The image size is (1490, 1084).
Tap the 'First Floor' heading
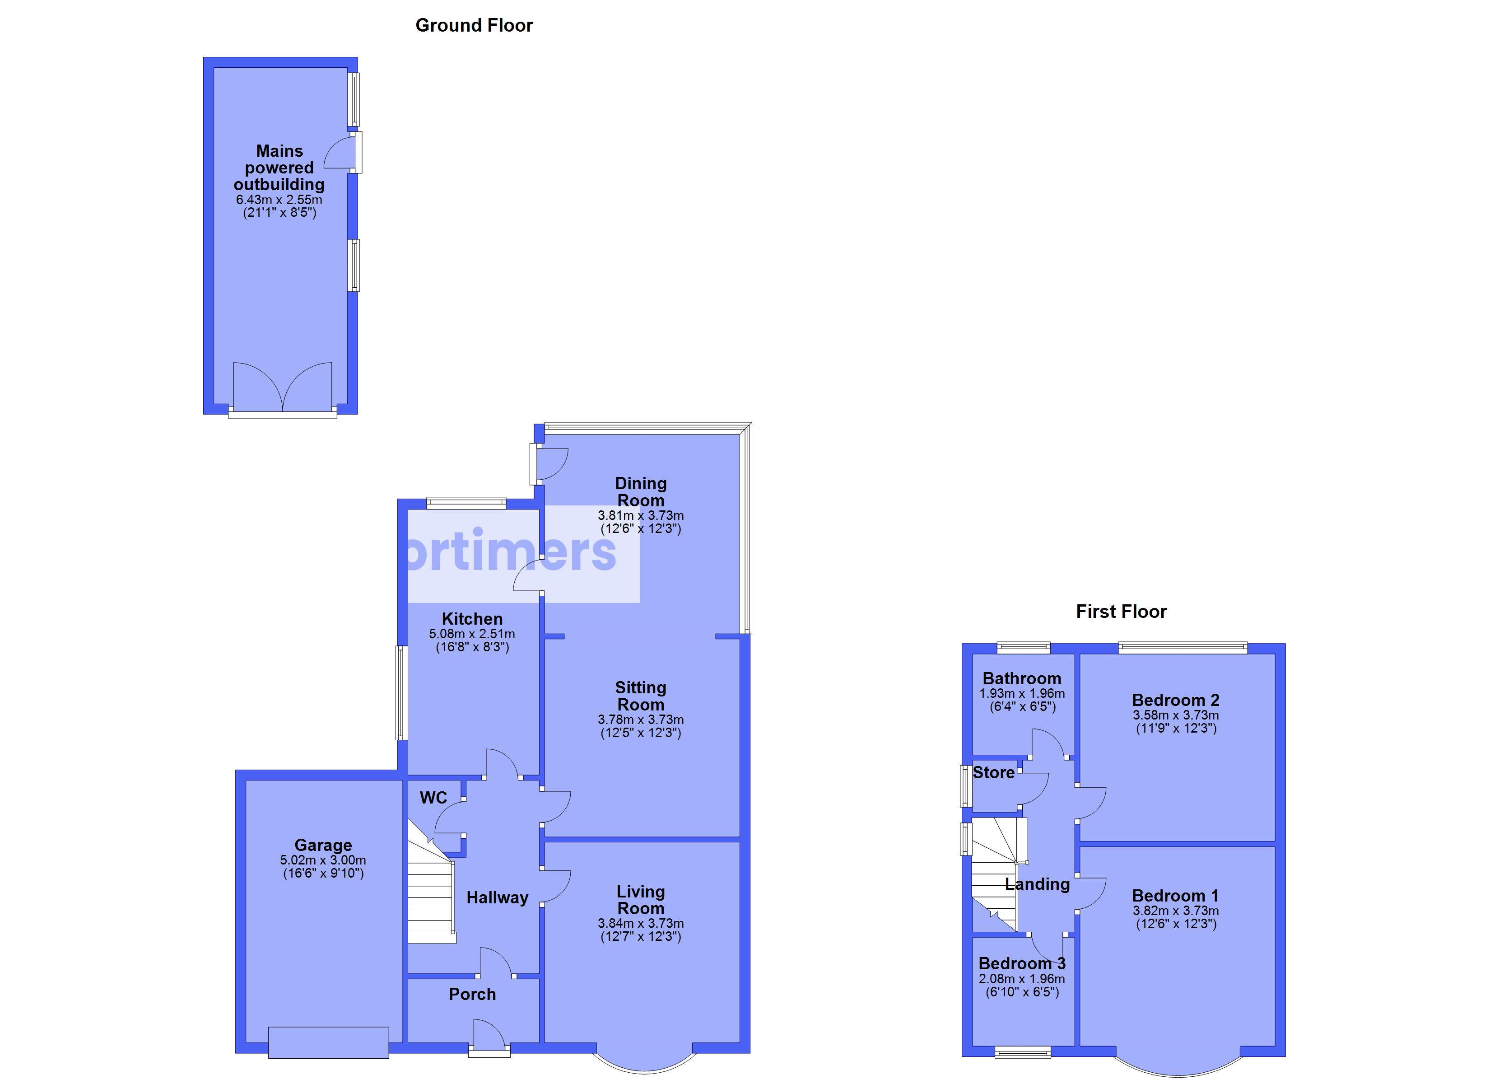click(1121, 612)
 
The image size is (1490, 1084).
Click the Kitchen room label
click(472, 619)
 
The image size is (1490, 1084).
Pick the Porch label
click(472, 994)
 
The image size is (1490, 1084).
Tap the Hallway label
click(497, 897)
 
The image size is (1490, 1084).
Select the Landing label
click(1037, 884)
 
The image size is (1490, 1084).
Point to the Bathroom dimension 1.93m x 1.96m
click(1022, 693)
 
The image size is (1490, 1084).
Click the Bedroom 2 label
click(1175, 700)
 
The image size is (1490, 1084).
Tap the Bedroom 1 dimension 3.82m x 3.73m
click(1175, 911)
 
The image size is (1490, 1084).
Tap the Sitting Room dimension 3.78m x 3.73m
click(641, 720)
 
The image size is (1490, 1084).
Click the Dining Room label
click(641, 492)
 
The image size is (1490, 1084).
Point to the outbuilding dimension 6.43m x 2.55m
click(279, 199)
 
